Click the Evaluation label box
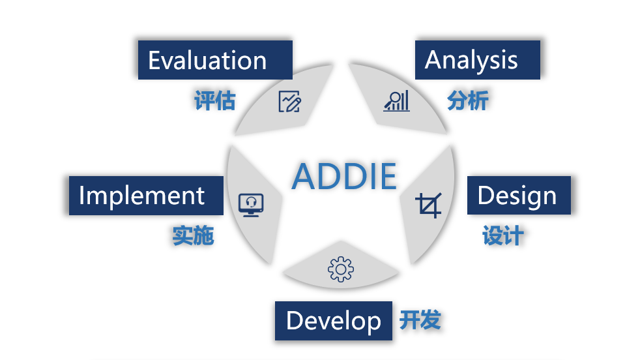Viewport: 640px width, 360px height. (215, 59)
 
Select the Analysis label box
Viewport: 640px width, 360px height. (478, 59)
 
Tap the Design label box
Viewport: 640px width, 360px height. (519, 195)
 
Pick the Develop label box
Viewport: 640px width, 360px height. (334, 321)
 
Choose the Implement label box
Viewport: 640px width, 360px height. (146, 195)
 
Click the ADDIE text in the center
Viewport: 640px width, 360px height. (345, 177)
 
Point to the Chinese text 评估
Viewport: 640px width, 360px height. (215, 100)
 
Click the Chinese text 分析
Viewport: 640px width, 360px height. (468, 100)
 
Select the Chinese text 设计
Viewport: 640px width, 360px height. (503, 236)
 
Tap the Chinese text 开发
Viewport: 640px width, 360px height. (420, 320)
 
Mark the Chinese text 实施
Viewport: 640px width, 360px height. (193, 236)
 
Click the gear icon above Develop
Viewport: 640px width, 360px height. (341, 269)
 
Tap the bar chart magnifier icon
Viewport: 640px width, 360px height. (396, 101)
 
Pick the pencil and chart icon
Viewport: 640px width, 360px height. (290, 101)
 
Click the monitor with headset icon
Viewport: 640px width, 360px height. (251, 205)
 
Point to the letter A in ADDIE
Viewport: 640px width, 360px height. (304, 177)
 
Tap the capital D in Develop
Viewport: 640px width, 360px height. (295, 320)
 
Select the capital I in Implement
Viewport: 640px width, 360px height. (81, 195)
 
